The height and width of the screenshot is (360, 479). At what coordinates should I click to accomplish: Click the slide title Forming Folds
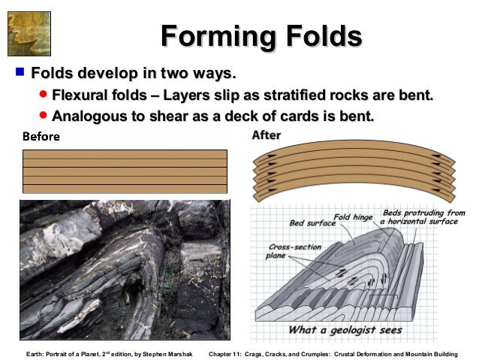261,36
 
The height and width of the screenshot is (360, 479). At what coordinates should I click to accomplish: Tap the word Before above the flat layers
41,138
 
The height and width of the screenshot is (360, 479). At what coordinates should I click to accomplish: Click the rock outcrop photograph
125,269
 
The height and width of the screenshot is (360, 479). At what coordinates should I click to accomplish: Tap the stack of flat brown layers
125,171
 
